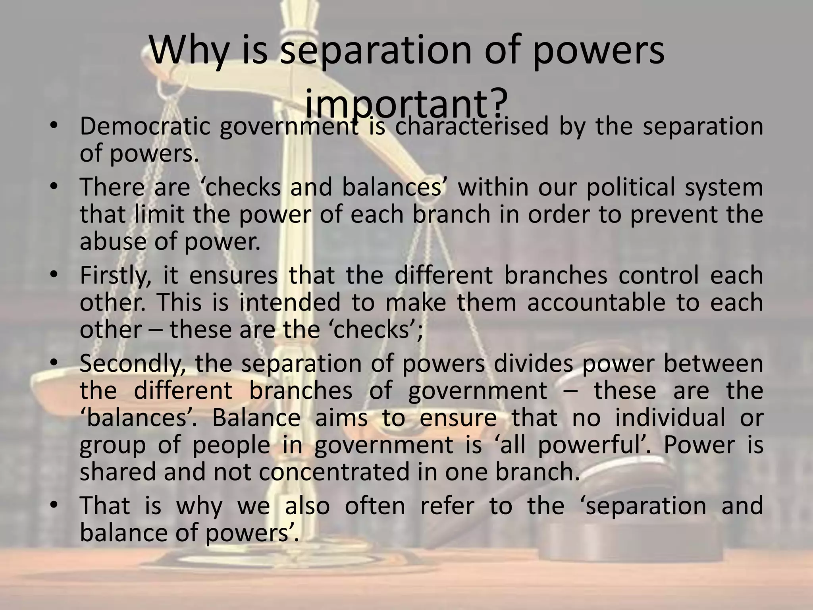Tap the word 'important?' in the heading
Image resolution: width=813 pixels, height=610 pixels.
[406, 104]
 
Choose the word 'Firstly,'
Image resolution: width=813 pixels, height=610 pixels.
[116, 276]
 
